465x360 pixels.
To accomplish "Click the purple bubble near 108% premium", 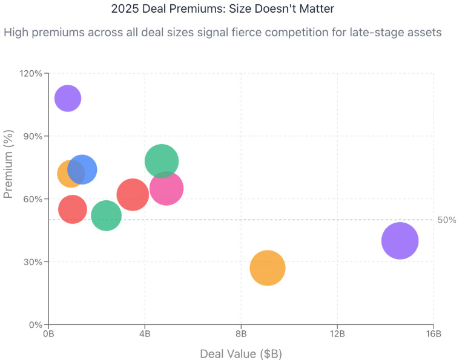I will tap(68, 98).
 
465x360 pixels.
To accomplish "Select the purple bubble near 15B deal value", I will tap(400, 241).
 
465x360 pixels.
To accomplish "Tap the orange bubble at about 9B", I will tap(267, 268).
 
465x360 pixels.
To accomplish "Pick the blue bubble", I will tap(82, 169).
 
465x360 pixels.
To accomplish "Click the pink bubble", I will tap(167, 188).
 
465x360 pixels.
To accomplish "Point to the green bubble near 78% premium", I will tap(162, 161).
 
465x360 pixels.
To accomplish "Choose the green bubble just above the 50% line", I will tap(106, 215).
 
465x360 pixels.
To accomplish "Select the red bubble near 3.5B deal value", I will tap(133, 195).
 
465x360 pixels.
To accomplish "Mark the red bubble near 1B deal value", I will tap(72, 209).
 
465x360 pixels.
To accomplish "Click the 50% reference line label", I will tap(447, 220).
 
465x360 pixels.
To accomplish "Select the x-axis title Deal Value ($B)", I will tap(241, 353).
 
